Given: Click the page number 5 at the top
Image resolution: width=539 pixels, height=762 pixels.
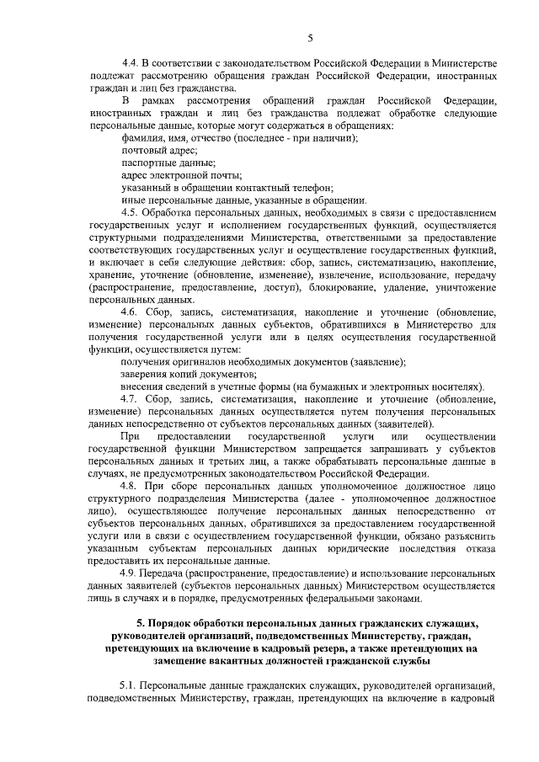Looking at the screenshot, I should [x=310, y=37].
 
